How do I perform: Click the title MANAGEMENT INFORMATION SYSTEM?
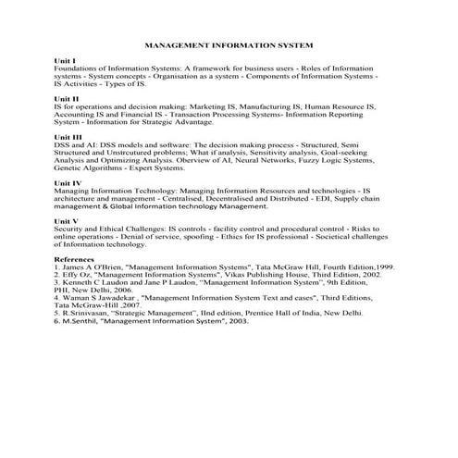point(229,44)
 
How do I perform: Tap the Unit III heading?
point(68,137)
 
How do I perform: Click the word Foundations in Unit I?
point(78,68)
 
